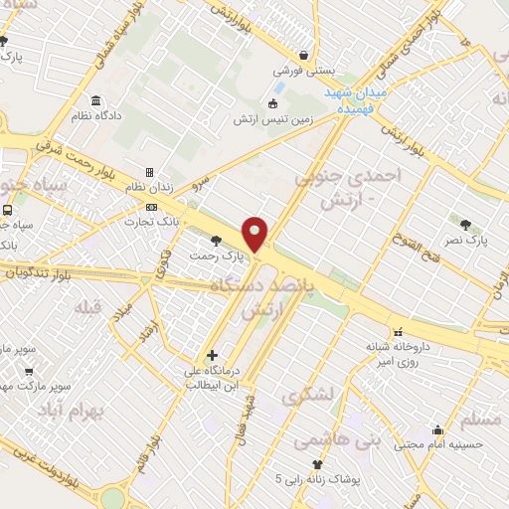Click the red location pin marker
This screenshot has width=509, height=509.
pos(255,234)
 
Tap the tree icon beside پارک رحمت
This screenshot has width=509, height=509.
pos(217,241)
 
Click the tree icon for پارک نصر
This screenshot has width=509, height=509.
pos(464,224)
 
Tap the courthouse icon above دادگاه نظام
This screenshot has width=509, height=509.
pos(95,101)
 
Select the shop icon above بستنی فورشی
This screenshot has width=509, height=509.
pos(302,56)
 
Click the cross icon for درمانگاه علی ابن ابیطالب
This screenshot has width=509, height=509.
pos(212,354)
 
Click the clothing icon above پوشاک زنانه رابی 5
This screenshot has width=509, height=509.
pos(318,464)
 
